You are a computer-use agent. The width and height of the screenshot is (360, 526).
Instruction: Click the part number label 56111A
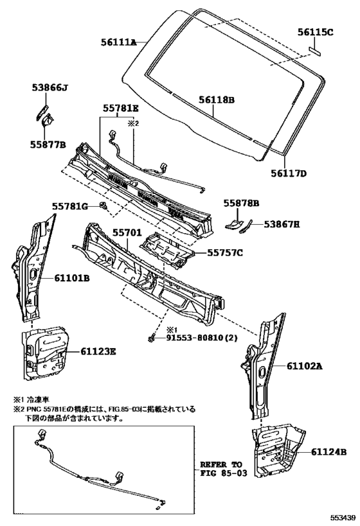pos(118,42)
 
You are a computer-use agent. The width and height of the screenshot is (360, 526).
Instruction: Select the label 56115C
pos(316,32)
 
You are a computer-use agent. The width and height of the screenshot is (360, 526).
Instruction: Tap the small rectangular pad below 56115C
pos(315,51)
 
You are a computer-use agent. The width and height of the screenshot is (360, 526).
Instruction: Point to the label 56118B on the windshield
pos(216,100)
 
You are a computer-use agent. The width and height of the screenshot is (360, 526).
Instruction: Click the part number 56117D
pos(289,173)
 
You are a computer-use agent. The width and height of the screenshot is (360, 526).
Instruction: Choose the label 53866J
pos(50,88)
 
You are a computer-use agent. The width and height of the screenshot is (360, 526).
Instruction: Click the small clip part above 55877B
pos(48,120)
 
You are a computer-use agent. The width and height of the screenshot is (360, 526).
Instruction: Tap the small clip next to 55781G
pos(104,206)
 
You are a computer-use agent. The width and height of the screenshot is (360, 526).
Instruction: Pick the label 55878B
pos(242,203)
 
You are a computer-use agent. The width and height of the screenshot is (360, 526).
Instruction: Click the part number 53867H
pos(282,224)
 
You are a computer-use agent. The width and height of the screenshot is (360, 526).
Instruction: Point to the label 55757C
pos(224,252)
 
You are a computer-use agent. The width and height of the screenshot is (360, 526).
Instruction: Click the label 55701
pos(127,232)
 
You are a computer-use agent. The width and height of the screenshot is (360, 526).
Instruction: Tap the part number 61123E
pos(98,351)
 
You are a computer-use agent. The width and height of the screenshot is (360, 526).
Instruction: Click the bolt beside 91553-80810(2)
pos(151,337)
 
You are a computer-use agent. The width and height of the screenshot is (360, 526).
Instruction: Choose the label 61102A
pos(304,366)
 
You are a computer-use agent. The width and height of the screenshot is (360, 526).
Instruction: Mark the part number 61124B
pos(328,452)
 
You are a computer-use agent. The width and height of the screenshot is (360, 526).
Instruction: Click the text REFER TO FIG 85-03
pos(223,469)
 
